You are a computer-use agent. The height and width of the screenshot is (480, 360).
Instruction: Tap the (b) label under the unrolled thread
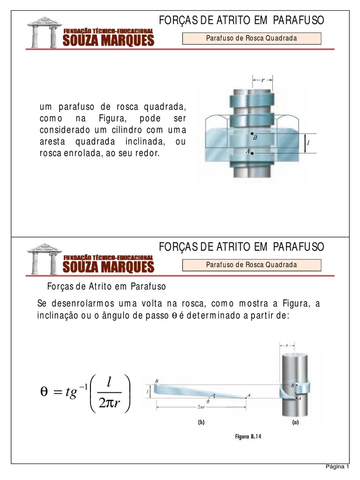click(201, 422)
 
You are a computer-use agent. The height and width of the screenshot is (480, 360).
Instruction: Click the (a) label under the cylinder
click(294, 422)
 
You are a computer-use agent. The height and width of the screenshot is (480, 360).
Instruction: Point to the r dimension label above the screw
click(263, 80)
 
